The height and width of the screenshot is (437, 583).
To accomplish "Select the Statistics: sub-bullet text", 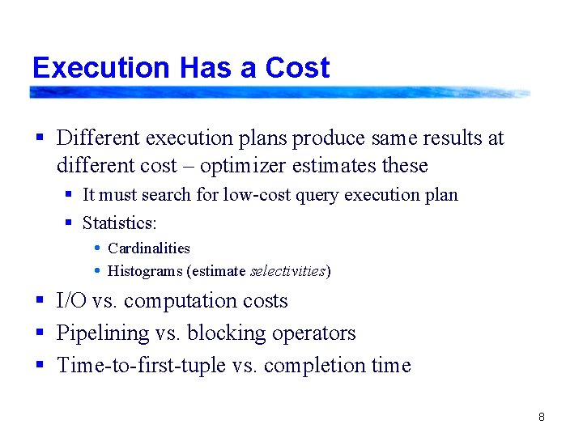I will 119,223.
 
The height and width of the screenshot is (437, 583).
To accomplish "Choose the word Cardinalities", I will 149,248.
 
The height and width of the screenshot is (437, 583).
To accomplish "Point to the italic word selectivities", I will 287,271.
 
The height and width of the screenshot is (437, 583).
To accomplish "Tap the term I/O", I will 71,301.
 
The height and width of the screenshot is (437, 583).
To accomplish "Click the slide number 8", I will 541,418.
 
